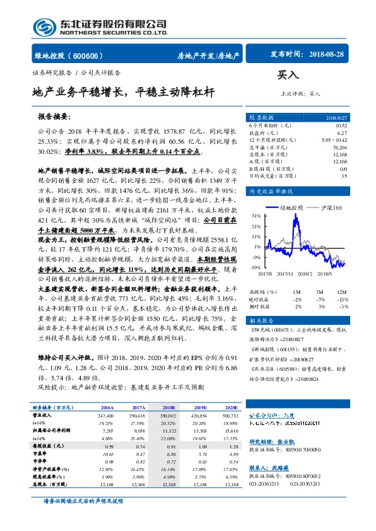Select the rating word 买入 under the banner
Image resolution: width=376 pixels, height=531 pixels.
point(288,74)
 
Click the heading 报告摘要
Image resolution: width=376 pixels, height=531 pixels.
point(55,117)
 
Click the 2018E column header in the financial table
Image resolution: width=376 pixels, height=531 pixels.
point(168,409)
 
